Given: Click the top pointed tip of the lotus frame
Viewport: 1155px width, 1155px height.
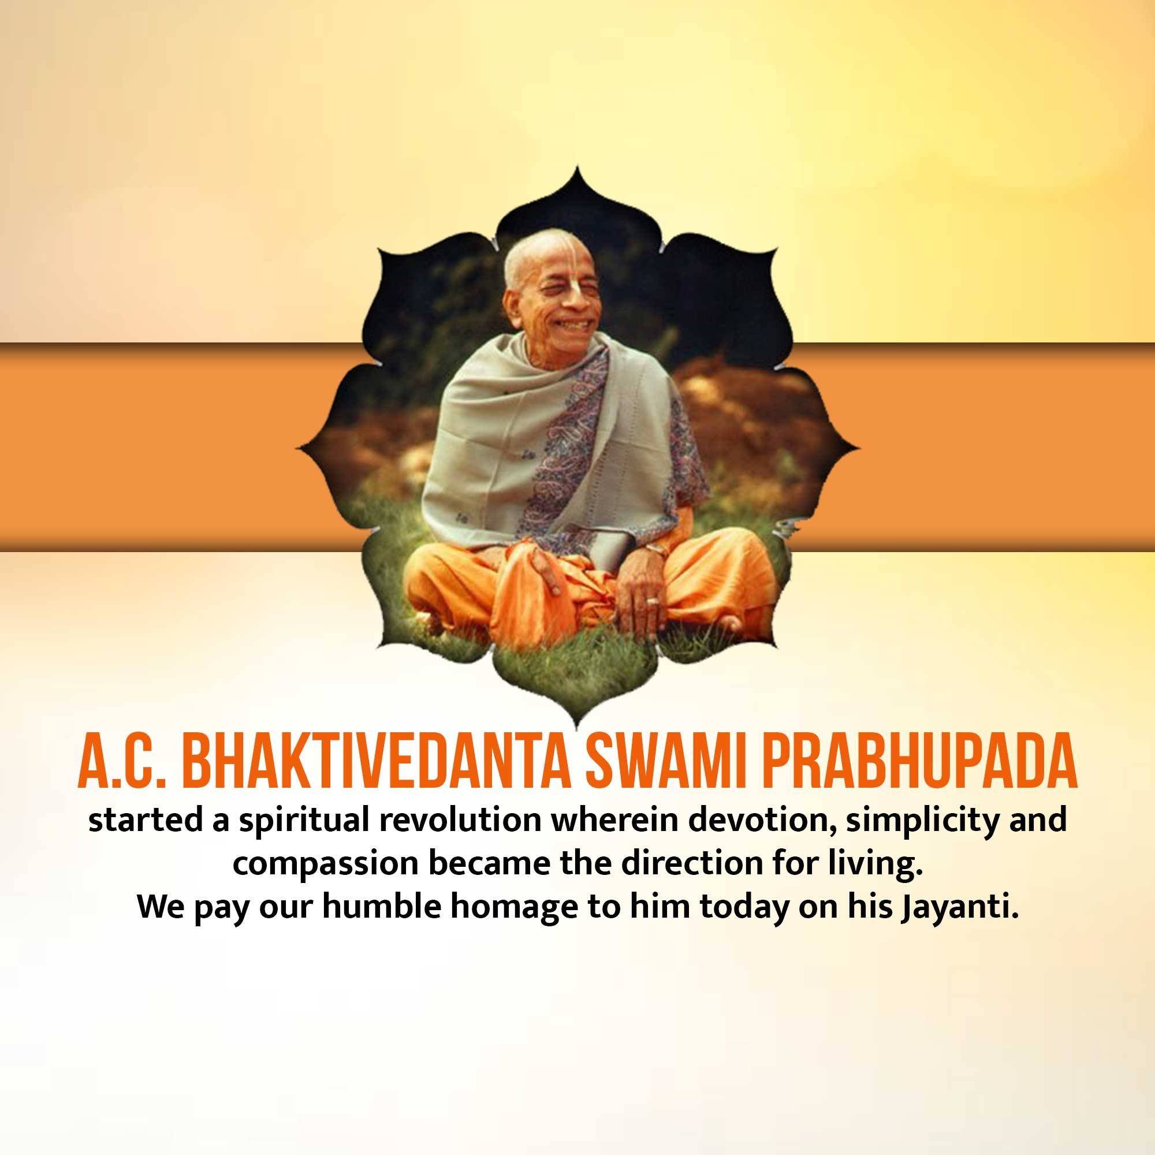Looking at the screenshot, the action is point(577,166).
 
